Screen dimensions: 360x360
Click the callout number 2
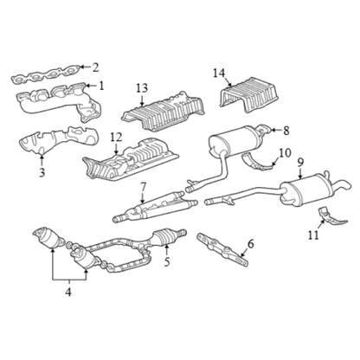(95, 67)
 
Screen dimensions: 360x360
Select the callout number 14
(219, 74)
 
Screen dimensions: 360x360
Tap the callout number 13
(142, 88)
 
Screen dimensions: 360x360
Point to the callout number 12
(116, 138)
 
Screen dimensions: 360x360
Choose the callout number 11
(313, 235)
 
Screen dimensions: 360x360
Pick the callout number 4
(68, 292)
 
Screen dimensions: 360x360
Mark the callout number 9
(300, 163)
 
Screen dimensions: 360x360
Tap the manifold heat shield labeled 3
(58, 140)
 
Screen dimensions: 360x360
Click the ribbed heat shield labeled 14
(249, 96)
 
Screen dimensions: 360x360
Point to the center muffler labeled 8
(235, 144)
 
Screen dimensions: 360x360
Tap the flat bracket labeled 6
(222, 250)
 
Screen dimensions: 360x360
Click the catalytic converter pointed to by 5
(166, 235)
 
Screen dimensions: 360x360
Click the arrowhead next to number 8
(273, 131)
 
